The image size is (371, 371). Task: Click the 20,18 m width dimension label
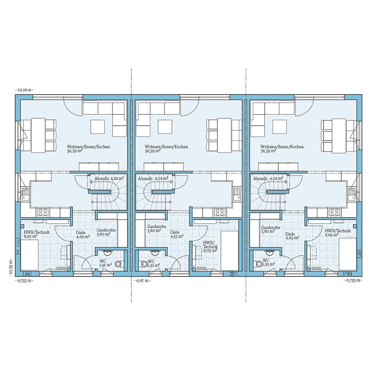click(x=24, y=90)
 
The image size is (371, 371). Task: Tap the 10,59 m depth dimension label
click(x=11, y=267)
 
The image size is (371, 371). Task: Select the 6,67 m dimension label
click(x=142, y=281)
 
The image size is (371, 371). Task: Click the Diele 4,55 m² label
click(x=177, y=234)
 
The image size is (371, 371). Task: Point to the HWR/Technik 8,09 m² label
click(x=210, y=247)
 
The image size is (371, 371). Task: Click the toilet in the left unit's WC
click(x=118, y=264)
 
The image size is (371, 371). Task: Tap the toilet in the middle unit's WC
click(x=144, y=264)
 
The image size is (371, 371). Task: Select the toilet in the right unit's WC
click(x=259, y=264)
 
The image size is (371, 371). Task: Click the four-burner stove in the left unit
click(x=43, y=212)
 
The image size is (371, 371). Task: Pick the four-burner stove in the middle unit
click(x=219, y=212)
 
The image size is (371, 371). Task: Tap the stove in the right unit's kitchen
click(x=334, y=212)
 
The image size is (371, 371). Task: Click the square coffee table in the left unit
click(x=97, y=127)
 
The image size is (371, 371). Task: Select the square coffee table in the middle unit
click(x=165, y=127)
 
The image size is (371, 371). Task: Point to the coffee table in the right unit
click(x=280, y=127)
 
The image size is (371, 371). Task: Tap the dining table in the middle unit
click(x=224, y=135)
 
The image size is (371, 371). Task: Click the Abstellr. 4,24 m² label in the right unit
click(x=268, y=179)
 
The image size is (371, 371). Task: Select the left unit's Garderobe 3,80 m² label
click(x=106, y=232)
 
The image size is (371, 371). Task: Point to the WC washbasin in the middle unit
click(x=155, y=253)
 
